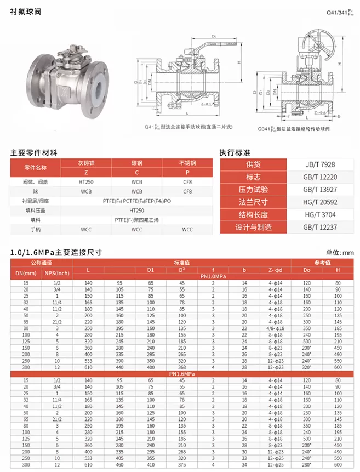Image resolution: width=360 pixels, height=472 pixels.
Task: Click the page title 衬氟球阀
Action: tap(25, 11)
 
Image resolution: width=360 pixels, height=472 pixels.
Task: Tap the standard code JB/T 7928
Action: tap(320, 164)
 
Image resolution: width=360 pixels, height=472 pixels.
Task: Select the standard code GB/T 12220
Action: tap(320, 177)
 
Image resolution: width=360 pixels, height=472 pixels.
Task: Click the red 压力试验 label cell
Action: tap(253, 190)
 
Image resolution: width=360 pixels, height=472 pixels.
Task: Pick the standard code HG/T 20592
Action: tap(320, 202)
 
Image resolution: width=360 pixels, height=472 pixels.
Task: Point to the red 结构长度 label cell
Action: tap(253, 215)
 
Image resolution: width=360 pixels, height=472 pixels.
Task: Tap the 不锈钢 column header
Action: tap(187, 163)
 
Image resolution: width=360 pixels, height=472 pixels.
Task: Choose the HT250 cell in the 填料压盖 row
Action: tap(136, 210)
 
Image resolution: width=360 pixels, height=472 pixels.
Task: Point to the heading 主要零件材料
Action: tap(33, 152)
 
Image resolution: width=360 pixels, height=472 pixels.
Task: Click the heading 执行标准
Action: tap(235, 152)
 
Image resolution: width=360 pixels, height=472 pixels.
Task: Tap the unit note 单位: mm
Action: tap(340, 253)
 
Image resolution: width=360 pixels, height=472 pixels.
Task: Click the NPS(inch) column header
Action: tap(56, 273)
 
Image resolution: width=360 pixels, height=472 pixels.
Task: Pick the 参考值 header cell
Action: tap(323, 263)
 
